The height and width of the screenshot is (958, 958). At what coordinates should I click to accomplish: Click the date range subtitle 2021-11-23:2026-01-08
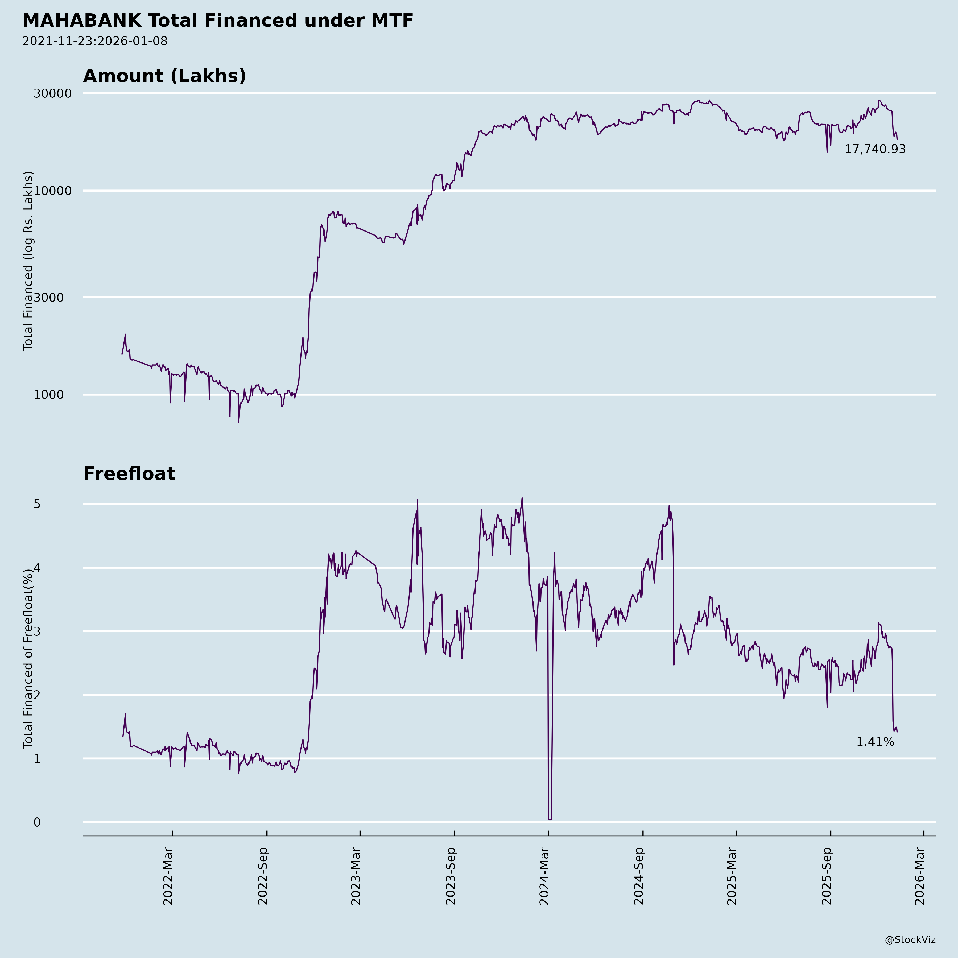95,41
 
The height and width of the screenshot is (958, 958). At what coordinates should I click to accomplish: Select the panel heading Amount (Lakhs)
165,76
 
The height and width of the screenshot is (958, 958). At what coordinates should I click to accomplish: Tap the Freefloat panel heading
129,474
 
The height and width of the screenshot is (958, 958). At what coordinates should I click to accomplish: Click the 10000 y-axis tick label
53,191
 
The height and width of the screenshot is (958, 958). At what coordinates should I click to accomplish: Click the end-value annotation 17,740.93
875,149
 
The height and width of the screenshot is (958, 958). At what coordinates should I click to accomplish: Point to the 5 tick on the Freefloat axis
37,504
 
